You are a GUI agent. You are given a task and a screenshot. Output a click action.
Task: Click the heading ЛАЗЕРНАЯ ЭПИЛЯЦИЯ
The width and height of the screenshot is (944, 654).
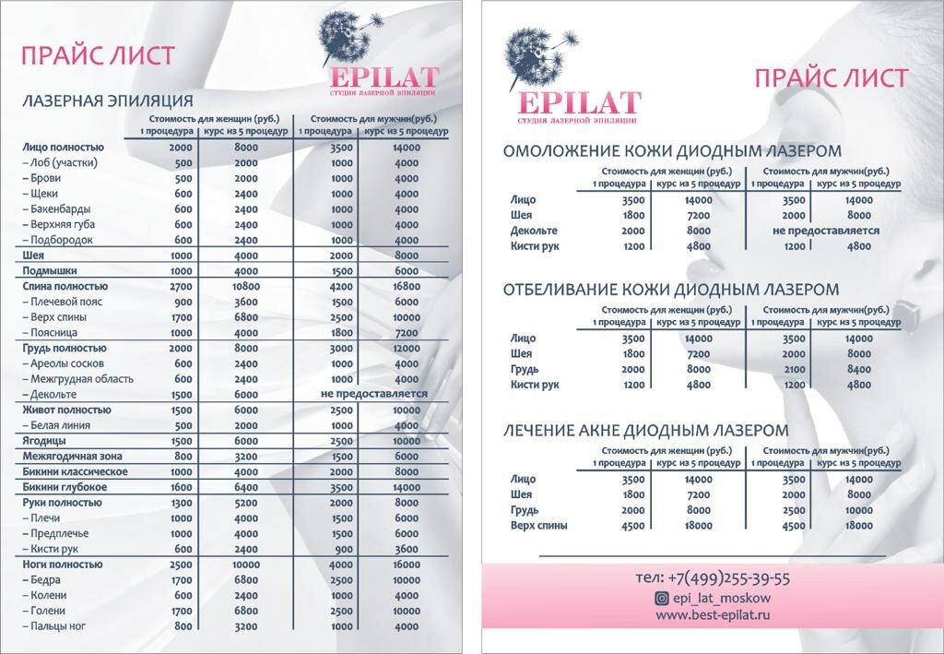[x=108, y=101]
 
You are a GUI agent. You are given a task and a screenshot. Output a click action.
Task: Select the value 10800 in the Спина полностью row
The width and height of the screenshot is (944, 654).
[x=246, y=287]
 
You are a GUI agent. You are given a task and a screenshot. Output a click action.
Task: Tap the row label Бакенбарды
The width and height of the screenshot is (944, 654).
[x=61, y=209]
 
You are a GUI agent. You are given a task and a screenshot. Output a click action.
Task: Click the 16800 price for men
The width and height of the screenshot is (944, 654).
[x=407, y=287]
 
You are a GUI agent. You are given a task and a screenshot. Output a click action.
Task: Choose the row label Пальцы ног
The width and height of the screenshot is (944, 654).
[x=60, y=626]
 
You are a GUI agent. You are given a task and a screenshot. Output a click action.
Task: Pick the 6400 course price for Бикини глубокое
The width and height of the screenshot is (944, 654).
[x=246, y=487]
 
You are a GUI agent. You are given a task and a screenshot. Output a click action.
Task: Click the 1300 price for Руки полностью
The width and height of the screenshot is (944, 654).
[x=182, y=503]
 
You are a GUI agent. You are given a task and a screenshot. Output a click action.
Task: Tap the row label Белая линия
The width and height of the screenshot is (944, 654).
[x=60, y=425]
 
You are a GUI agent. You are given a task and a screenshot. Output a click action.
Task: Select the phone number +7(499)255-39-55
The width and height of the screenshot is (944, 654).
[x=713, y=578]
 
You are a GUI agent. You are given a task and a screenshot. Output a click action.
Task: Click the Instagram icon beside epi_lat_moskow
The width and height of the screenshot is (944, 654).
[x=661, y=598]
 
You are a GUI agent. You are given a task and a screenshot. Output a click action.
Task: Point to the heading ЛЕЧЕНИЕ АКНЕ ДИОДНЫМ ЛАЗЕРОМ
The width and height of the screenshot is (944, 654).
[x=645, y=430]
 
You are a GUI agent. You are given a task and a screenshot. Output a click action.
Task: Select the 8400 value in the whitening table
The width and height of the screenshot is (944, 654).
[x=858, y=369]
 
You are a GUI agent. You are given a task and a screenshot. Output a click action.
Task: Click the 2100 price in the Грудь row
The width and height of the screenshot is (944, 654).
[x=793, y=369]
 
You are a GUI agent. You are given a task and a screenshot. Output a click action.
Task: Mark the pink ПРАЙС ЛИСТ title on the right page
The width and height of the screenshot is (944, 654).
[x=831, y=78]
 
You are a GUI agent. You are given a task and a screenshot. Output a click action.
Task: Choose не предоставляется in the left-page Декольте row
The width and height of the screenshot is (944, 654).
[x=374, y=394]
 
